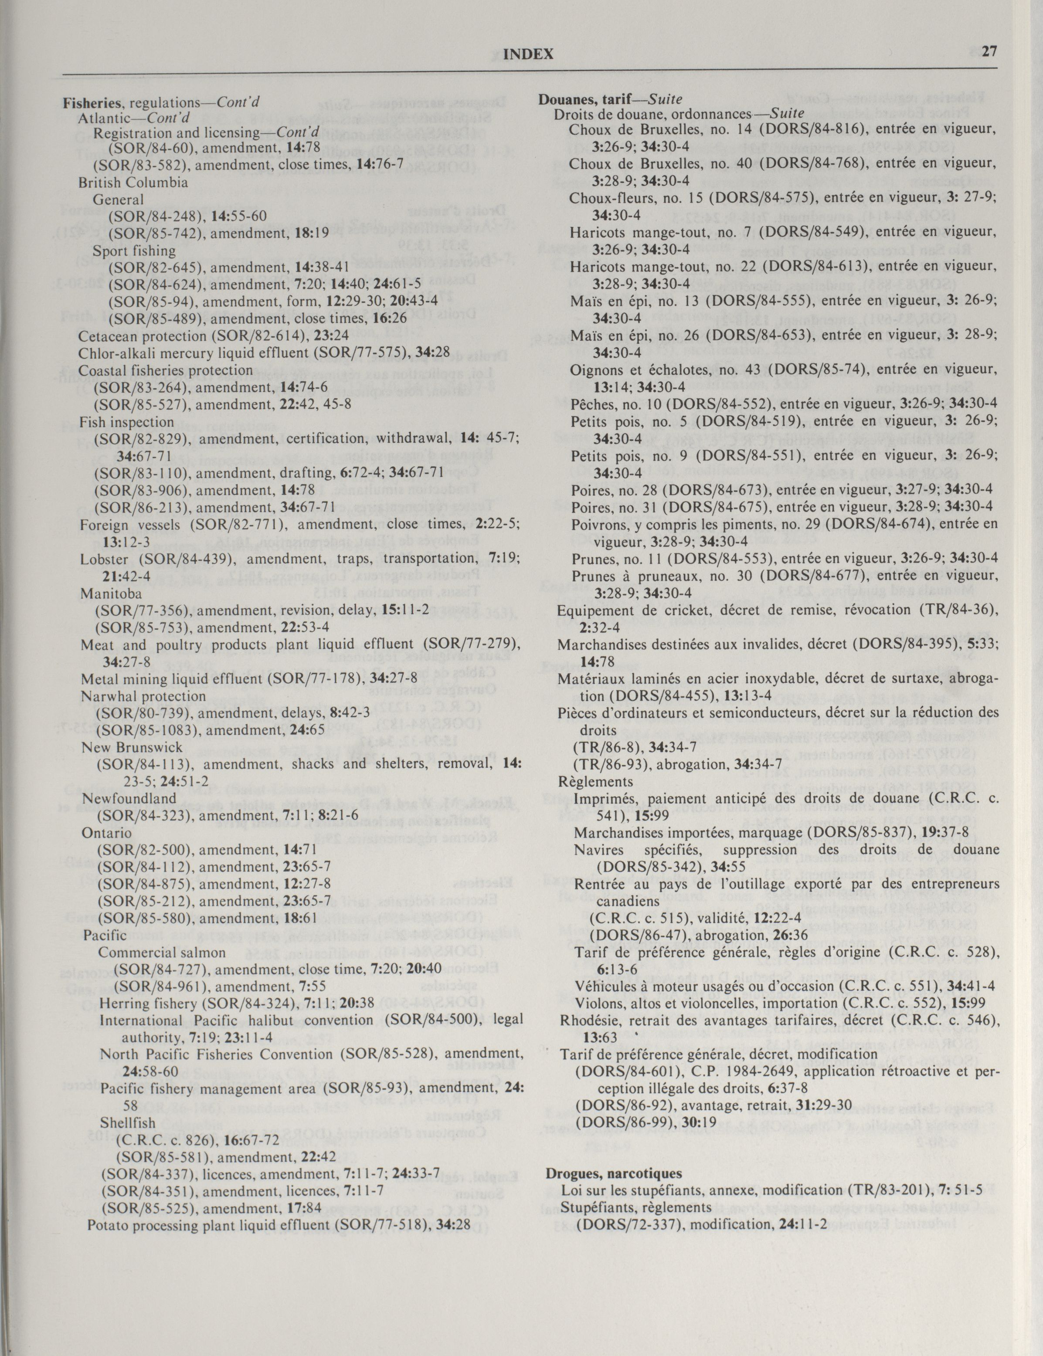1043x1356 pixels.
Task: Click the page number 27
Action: click(x=989, y=51)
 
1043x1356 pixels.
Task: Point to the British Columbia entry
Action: click(x=133, y=183)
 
